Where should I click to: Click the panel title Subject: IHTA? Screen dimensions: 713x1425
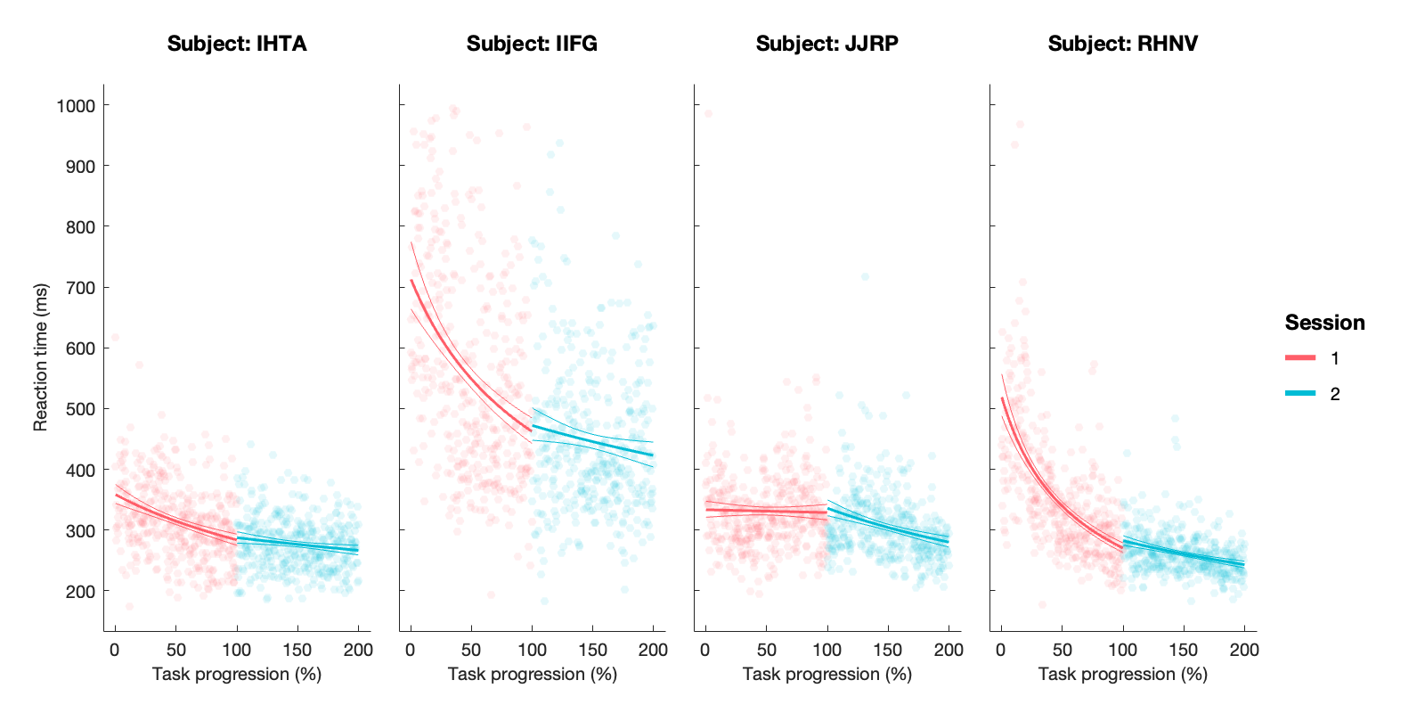point(237,44)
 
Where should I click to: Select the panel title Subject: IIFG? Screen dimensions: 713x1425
point(532,44)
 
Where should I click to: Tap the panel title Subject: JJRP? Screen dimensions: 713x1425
point(826,44)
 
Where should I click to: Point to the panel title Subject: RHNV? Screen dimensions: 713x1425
point(1122,44)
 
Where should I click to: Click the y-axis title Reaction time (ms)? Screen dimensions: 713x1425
point(40,357)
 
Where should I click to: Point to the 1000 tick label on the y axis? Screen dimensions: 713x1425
point(76,106)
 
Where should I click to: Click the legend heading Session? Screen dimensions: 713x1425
point(1324,323)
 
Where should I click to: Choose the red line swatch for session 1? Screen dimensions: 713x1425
point(1300,358)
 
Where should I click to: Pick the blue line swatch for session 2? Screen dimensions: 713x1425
point(1300,394)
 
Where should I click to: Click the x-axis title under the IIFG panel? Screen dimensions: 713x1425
point(532,675)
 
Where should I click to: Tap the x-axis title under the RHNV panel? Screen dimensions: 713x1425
point(1122,675)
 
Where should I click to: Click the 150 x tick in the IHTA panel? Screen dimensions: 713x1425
point(297,651)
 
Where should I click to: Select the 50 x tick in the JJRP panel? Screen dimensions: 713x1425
point(767,651)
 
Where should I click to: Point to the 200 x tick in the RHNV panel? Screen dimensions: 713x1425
point(1244,651)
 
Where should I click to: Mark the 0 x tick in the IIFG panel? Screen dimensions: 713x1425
point(411,651)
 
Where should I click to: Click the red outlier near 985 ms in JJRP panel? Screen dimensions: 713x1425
point(708,113)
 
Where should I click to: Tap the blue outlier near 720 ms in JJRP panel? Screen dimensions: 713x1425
point(865,277)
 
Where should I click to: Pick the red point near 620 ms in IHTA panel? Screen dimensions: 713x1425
point(115,338)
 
